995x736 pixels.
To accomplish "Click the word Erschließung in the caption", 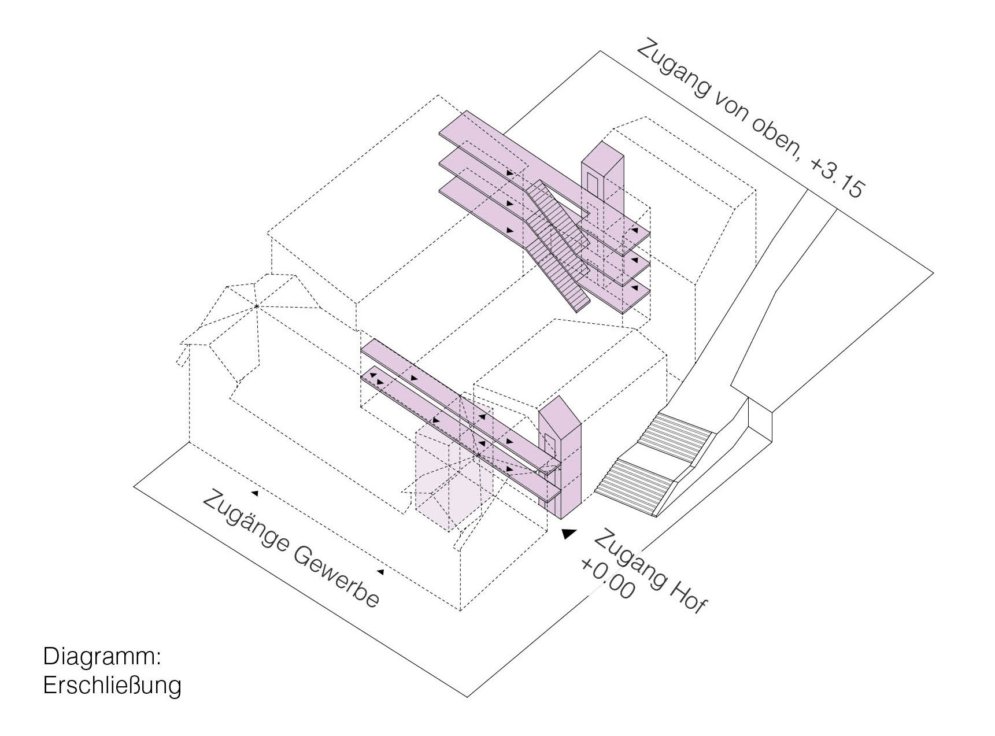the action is pyautogui.click(x=112, y=686).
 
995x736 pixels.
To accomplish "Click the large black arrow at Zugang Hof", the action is pyautogui.click(x=569, y=534).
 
